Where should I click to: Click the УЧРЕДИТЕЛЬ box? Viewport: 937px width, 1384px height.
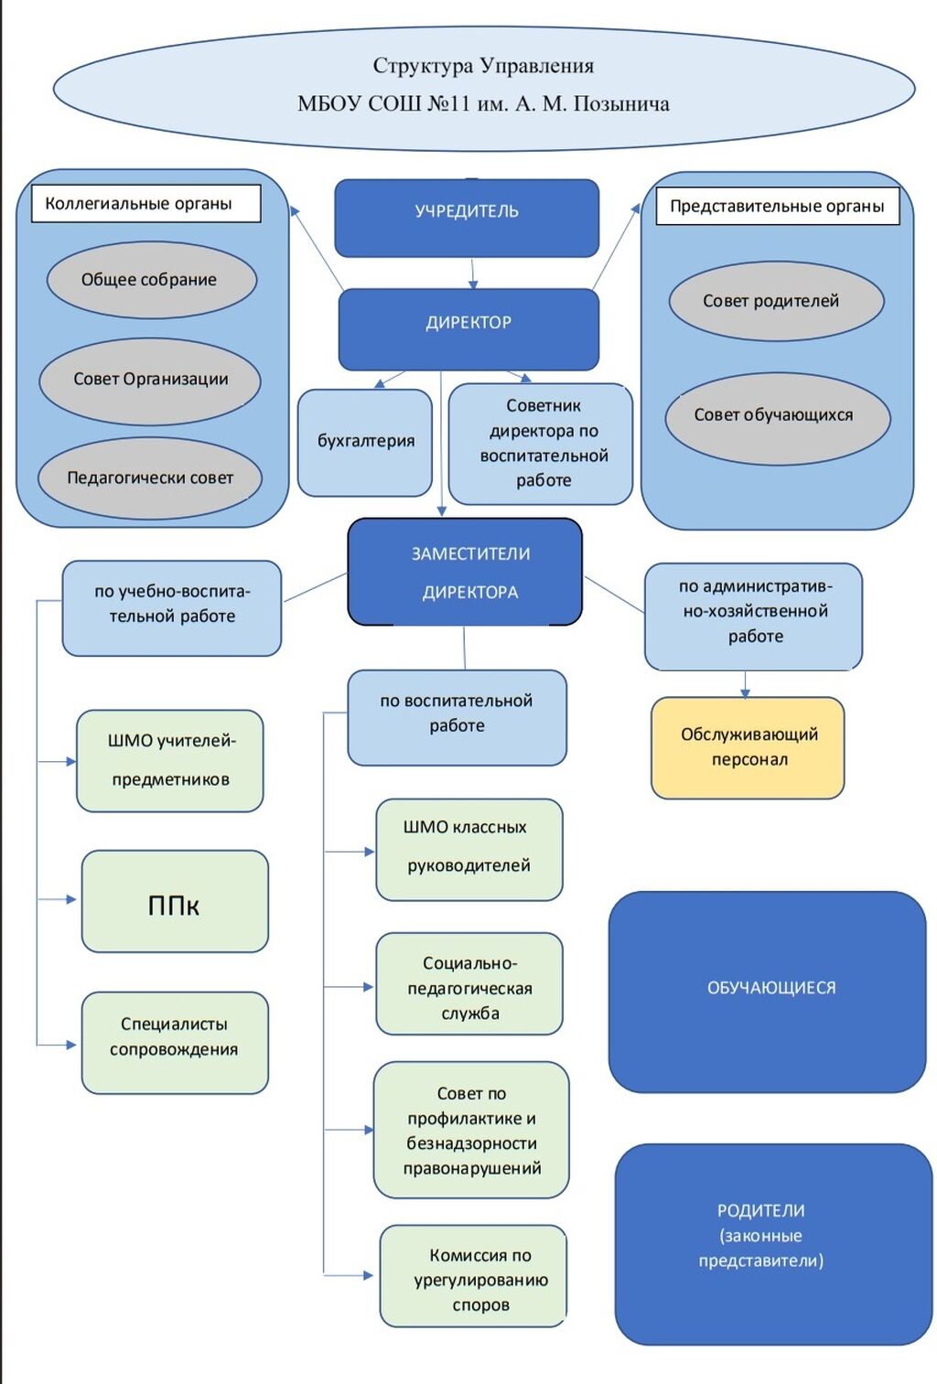467,217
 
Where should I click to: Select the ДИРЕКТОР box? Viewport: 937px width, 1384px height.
468,328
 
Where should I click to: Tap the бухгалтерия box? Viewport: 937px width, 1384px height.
365,443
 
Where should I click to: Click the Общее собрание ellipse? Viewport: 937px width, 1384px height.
151,280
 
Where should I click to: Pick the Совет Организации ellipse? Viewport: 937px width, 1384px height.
150,380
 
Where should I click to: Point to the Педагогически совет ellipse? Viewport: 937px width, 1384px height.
150,477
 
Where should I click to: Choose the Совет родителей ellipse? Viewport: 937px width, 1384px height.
776,301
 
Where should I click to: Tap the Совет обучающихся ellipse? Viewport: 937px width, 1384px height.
777,417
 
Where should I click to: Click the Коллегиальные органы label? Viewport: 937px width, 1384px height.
145,203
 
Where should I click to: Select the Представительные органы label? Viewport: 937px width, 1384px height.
777,206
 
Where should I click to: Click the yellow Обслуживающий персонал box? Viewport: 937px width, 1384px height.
748,747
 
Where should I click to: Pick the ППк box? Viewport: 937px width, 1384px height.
175,902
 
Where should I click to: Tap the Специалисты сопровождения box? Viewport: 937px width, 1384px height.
175,1042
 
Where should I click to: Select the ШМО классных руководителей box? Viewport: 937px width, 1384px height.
468,849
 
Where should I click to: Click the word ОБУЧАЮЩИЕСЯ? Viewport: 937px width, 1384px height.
771,988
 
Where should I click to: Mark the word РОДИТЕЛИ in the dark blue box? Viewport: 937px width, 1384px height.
760,1210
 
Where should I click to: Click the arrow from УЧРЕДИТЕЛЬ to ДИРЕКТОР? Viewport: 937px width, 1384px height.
473,273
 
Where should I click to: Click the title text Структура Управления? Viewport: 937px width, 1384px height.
483,66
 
